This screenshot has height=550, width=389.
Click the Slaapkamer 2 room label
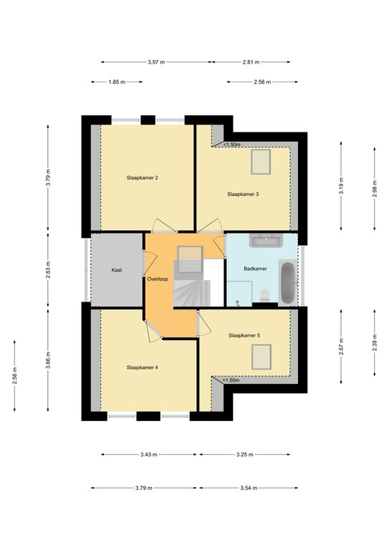(142, 178)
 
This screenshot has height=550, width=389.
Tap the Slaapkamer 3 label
(243, 194)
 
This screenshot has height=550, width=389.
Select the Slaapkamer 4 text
(142, 367)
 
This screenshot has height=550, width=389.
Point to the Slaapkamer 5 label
(244, 335)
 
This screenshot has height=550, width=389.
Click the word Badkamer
(255, 269)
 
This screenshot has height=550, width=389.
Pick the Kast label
(117, 270)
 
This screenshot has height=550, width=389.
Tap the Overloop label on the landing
(158, 279)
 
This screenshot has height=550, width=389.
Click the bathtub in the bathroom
(287, 282)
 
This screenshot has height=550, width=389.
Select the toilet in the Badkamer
(265, 296)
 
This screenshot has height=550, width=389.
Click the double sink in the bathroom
(266, 241)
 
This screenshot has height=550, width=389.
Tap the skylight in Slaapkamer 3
(261, 162)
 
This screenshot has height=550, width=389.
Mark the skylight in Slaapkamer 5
(261, 357)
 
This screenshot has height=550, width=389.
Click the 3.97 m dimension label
(156, 62)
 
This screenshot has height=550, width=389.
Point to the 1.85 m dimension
(117, 82)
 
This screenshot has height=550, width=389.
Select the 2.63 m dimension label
(48, 269)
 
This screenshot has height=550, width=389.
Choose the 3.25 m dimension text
(244, 455)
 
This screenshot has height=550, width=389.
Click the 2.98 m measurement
(375, 189)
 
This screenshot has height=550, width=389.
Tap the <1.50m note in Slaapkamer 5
(231, 380)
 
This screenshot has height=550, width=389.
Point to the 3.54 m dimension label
(249, 488)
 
